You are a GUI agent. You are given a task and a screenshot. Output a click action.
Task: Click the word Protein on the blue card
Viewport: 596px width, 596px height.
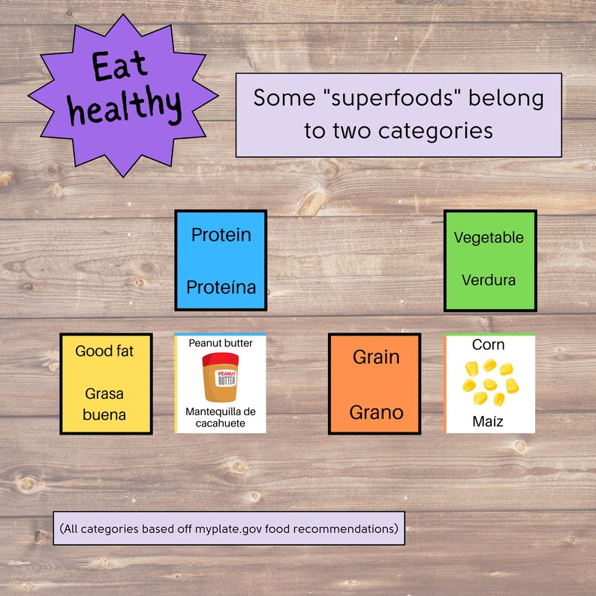click(x=221, y=235)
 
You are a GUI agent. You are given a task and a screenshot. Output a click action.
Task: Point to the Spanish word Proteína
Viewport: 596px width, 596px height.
click(x=221, y=287)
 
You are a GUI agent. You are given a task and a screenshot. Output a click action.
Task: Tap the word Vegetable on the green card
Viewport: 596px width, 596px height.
click(x=489, y=237)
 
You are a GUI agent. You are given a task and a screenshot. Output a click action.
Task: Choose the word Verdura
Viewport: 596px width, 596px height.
click(x=489, y=280)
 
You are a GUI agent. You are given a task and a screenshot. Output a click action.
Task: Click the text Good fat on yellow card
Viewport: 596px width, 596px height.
click(x=104, y=351)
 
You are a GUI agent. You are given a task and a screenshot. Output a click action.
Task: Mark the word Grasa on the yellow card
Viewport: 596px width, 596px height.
click(x=104, y=393)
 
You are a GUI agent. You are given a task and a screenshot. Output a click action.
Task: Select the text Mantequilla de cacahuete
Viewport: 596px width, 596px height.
click(x=221, y=418)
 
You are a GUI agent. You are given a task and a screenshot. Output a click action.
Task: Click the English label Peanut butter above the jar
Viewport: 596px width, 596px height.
click(x=221, y=343)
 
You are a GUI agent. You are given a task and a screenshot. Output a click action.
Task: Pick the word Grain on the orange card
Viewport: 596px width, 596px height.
click(x=376, y=357)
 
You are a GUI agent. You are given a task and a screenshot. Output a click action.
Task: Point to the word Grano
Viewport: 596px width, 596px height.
click(x=376, y=412)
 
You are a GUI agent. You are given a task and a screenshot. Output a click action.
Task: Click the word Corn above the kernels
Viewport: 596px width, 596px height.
click(x=489, y=345)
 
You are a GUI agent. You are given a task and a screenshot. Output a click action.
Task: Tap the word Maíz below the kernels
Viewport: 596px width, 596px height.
click(x=489, y=421)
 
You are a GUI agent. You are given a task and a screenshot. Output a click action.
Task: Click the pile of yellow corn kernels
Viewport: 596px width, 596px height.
click(x=488, y=382)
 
